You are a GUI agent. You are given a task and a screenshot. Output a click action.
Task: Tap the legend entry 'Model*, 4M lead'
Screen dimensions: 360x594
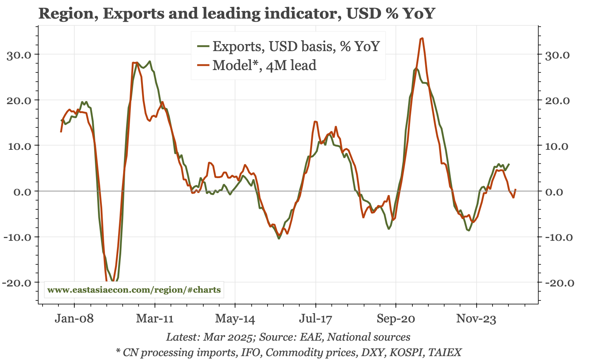coord(264,65)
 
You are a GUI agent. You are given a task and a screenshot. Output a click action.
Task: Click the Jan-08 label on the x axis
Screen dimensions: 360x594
coord(74,319)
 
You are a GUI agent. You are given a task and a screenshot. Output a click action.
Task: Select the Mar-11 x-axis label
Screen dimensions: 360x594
coord(155,319)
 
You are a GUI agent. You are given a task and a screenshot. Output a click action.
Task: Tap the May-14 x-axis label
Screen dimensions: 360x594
coord(235,319)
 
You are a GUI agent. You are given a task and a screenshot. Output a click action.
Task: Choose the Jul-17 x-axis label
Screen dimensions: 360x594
coord(316,319)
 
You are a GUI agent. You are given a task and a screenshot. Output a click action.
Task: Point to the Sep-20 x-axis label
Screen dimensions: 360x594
coord(396,319)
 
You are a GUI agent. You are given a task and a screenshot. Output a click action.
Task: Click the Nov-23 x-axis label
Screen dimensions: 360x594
coord(476,319)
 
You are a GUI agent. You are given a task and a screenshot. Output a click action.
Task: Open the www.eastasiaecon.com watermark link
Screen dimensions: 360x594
coord(134,290)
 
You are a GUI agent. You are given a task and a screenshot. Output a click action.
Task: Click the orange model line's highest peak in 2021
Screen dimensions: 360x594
coord(422,38)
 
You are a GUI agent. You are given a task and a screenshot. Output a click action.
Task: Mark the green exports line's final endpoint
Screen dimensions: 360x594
coord(509,164)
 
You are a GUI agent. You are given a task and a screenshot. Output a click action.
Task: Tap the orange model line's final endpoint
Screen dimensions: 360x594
coord(516,189)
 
